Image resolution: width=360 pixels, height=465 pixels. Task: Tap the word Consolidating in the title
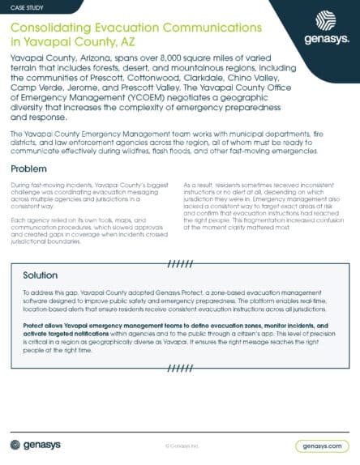[48, 26]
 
